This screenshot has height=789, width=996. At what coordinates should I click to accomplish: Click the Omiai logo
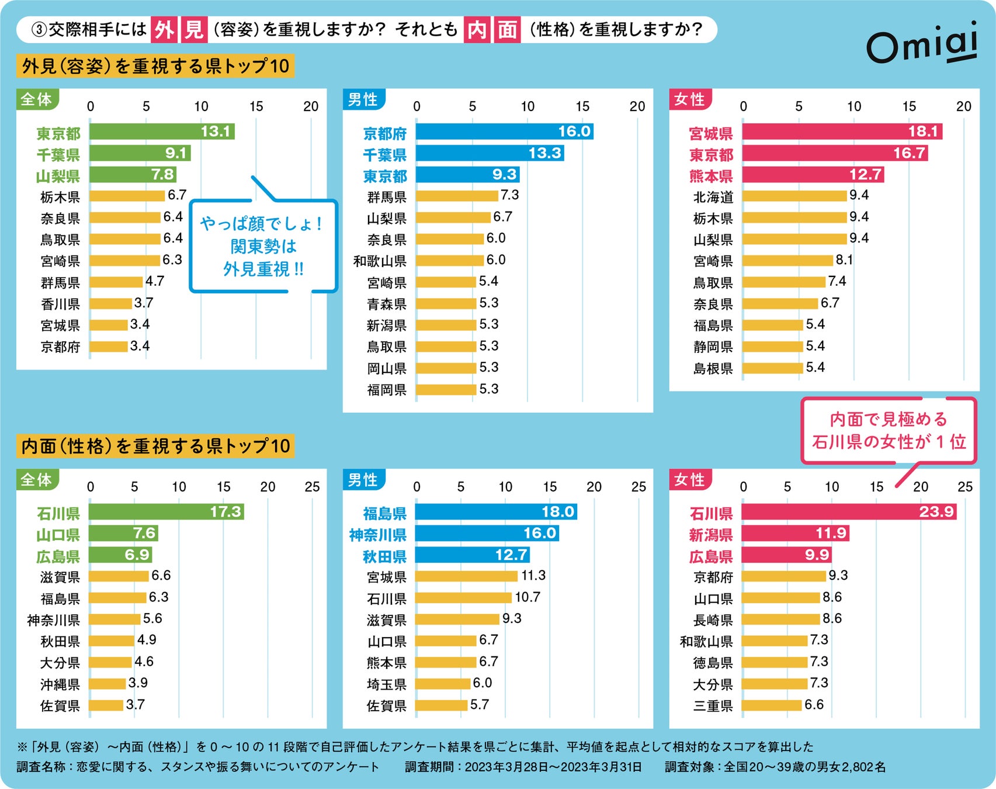point(921,44)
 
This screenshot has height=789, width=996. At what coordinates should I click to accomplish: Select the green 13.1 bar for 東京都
point(161,131)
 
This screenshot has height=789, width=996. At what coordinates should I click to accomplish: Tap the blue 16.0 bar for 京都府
point(504,131)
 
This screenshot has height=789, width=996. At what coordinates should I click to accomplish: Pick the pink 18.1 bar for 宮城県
point(841,131)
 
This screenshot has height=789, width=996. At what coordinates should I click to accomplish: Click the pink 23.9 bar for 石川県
point(848,512)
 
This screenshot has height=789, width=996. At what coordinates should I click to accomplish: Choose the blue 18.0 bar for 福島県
point(495,512)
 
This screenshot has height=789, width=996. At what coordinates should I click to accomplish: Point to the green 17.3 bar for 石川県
point(166,512)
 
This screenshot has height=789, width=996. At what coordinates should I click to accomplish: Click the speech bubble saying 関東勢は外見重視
point(263,246)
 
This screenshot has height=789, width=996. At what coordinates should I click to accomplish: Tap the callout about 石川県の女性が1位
point(888,431)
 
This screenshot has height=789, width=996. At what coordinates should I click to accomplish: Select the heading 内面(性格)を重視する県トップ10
point(155,446)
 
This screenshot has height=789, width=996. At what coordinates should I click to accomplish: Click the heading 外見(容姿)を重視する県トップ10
point(155,66)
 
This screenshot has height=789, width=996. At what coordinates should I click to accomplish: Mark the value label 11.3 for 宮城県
point(533,576)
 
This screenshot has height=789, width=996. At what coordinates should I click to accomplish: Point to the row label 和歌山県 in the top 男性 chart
point(380,261)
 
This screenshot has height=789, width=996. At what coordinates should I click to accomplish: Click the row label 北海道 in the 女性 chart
point(713,197)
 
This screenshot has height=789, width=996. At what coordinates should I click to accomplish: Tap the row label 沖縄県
point(60,684)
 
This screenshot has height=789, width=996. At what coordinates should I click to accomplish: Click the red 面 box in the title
point(507,29)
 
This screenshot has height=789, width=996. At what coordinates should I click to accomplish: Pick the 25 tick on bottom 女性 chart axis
point(964,487)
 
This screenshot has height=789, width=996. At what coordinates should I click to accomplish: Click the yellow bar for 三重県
point(771,705)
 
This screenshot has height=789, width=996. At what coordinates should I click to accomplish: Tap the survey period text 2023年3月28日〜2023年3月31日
point(553,767)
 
